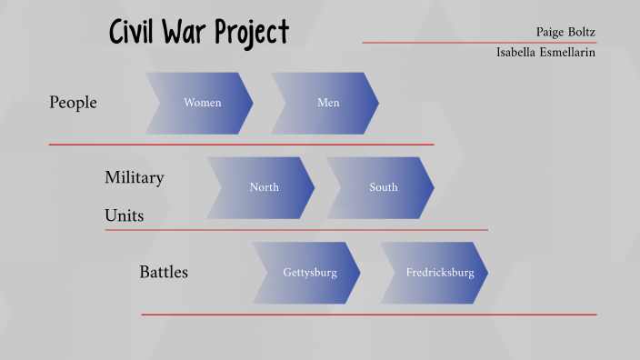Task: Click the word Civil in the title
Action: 136,32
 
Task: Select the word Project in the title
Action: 257,34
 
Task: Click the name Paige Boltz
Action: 565,32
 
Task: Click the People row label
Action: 73,103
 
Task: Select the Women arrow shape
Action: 200,103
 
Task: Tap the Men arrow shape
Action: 325,103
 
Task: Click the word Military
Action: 134,177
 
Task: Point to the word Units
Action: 124,216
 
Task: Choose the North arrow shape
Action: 262,187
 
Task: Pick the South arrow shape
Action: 381,187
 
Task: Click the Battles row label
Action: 164,272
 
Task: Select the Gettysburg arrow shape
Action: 307,272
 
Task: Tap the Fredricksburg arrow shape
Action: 435,272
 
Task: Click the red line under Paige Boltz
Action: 479,42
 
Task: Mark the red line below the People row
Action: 241,145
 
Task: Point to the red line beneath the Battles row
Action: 368,315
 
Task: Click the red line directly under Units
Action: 295,230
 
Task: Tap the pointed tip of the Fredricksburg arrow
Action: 486,272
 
